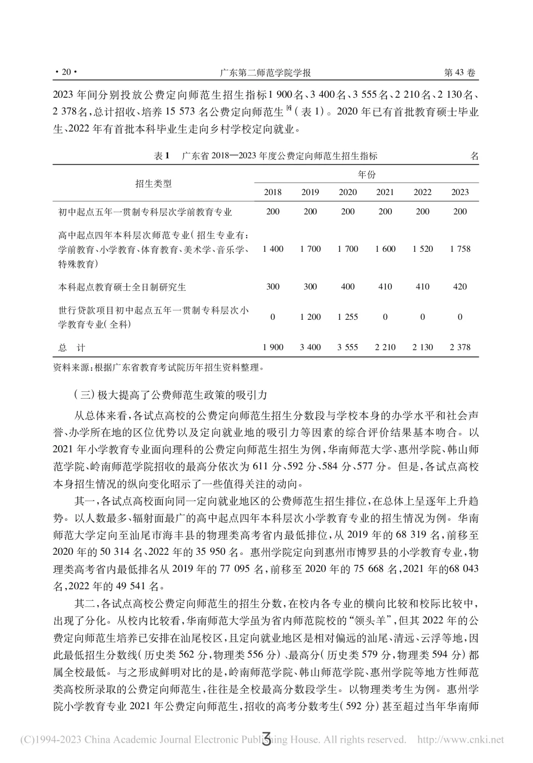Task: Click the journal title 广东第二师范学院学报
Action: [265, 73]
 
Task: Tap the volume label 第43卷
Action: [459, 73]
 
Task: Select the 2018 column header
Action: [273, 192]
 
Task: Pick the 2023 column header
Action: [460, 192]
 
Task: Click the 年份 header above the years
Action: [366, 174]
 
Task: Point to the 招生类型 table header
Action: [153, 184]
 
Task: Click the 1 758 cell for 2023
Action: [460, 249]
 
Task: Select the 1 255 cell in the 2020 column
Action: [347, 317]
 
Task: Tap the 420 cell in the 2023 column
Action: [460, 286]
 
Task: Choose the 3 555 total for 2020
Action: [347, 347]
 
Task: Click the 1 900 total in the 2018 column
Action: [273, 347]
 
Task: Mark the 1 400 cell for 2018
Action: [273, 249]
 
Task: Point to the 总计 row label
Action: [72, 347]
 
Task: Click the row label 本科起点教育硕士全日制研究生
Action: [122, 287]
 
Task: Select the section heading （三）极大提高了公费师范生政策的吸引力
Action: [170, 394]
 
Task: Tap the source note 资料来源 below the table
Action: [158, 367]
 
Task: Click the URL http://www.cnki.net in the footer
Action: [460, 739]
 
